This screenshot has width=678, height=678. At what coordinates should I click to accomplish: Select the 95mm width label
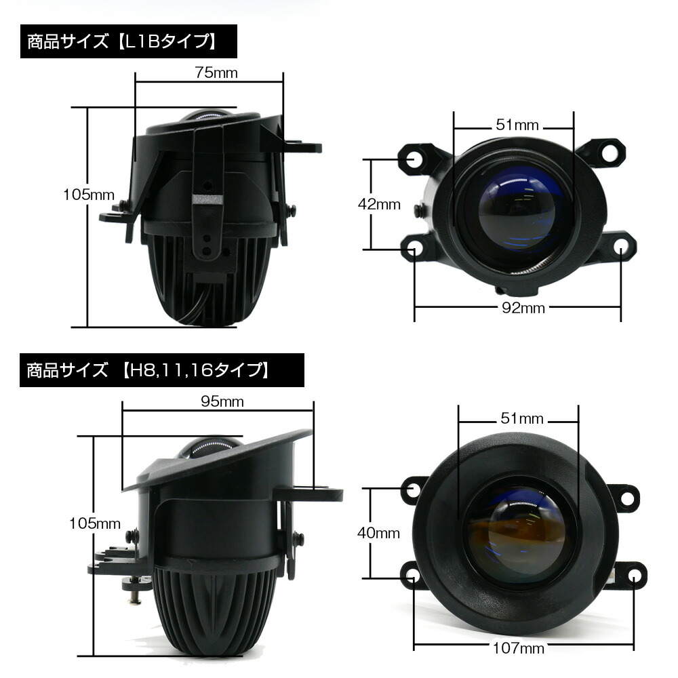pyautogui.click(x=222, y=401)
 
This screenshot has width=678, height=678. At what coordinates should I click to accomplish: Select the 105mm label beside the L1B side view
pyautogui.click(x=89, y=195)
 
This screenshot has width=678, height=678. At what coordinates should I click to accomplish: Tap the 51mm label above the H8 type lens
pyautogui.click(x=519, y=418)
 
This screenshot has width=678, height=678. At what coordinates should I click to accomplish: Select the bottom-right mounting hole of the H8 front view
pyautogui.click(x=633, y=576)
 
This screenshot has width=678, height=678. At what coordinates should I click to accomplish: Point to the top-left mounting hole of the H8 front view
pyautogui.click(x=415, y=488)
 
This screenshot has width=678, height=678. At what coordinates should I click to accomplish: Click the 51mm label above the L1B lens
pyautogui.click(x=517, y=125)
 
